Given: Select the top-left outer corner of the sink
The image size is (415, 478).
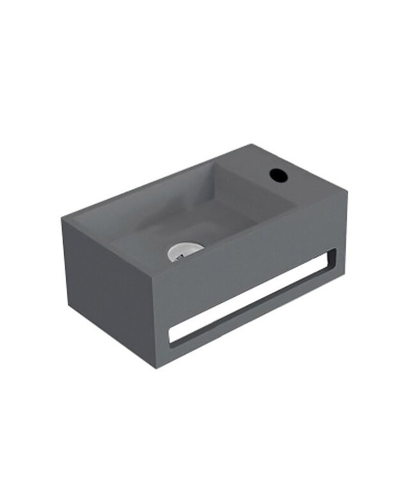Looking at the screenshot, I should (62, 218).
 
